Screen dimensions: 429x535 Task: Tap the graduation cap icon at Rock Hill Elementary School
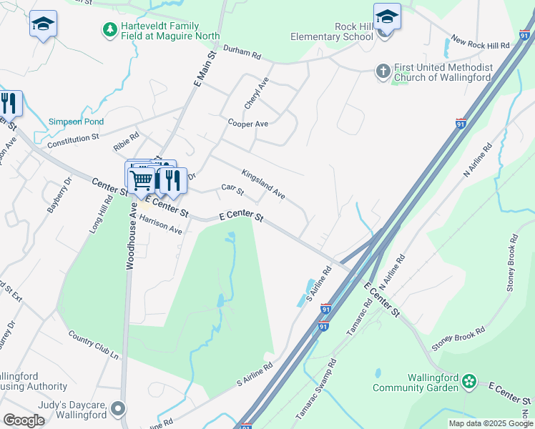[x=387, y=16]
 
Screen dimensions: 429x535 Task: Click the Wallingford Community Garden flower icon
[x=469, y=382]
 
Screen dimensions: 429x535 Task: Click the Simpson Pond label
[x=72, y=122]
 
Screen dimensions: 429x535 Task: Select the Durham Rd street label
[x=242, y=51]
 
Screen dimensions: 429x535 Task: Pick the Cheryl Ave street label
[x=256, y=93]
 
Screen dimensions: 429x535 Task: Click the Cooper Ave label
[x=247, y=124]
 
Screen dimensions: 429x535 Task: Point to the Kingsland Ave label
[x=263, y=184]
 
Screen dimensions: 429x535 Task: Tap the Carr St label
[x=233, y=191]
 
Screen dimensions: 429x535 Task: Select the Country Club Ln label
[x=93, y=344]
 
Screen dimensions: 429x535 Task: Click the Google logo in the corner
[x=24, y=420]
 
